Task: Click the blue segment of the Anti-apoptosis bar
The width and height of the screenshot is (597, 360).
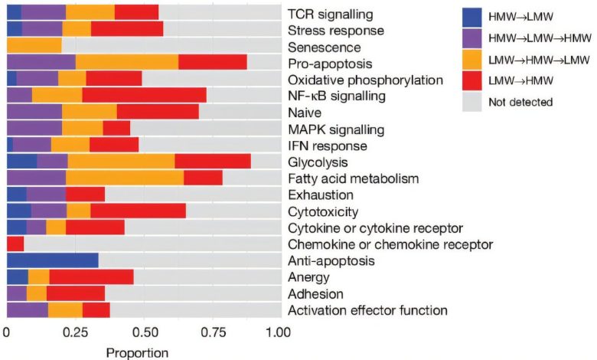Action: tap(52, 260)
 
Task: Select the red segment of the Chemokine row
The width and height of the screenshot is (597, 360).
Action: tap(15, 244)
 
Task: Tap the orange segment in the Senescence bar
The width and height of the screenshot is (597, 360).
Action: tap(34, 46)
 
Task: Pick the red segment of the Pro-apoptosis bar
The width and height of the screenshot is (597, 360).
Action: tap(212, 62)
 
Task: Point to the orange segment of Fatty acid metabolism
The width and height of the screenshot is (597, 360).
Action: tap(124, 178)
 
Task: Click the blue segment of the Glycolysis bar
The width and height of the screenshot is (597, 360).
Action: tap(21, 161)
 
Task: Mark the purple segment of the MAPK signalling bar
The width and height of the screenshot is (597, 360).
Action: tap(34, 128)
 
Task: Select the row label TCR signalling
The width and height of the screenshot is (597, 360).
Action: tap(331, 14)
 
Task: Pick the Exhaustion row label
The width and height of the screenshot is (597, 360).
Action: tap(321, 195)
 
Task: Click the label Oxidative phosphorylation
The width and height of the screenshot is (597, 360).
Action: tap(366, 79)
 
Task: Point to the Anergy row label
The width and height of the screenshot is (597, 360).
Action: tap(308, 277)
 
